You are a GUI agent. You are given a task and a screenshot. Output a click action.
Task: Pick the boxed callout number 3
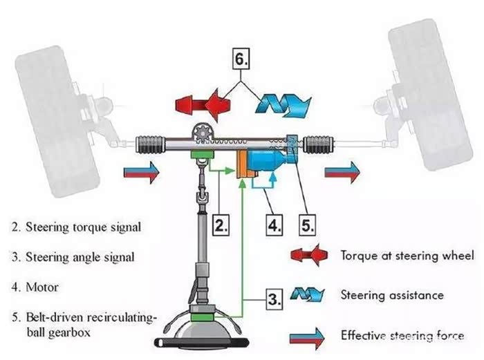tap(275, 301)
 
